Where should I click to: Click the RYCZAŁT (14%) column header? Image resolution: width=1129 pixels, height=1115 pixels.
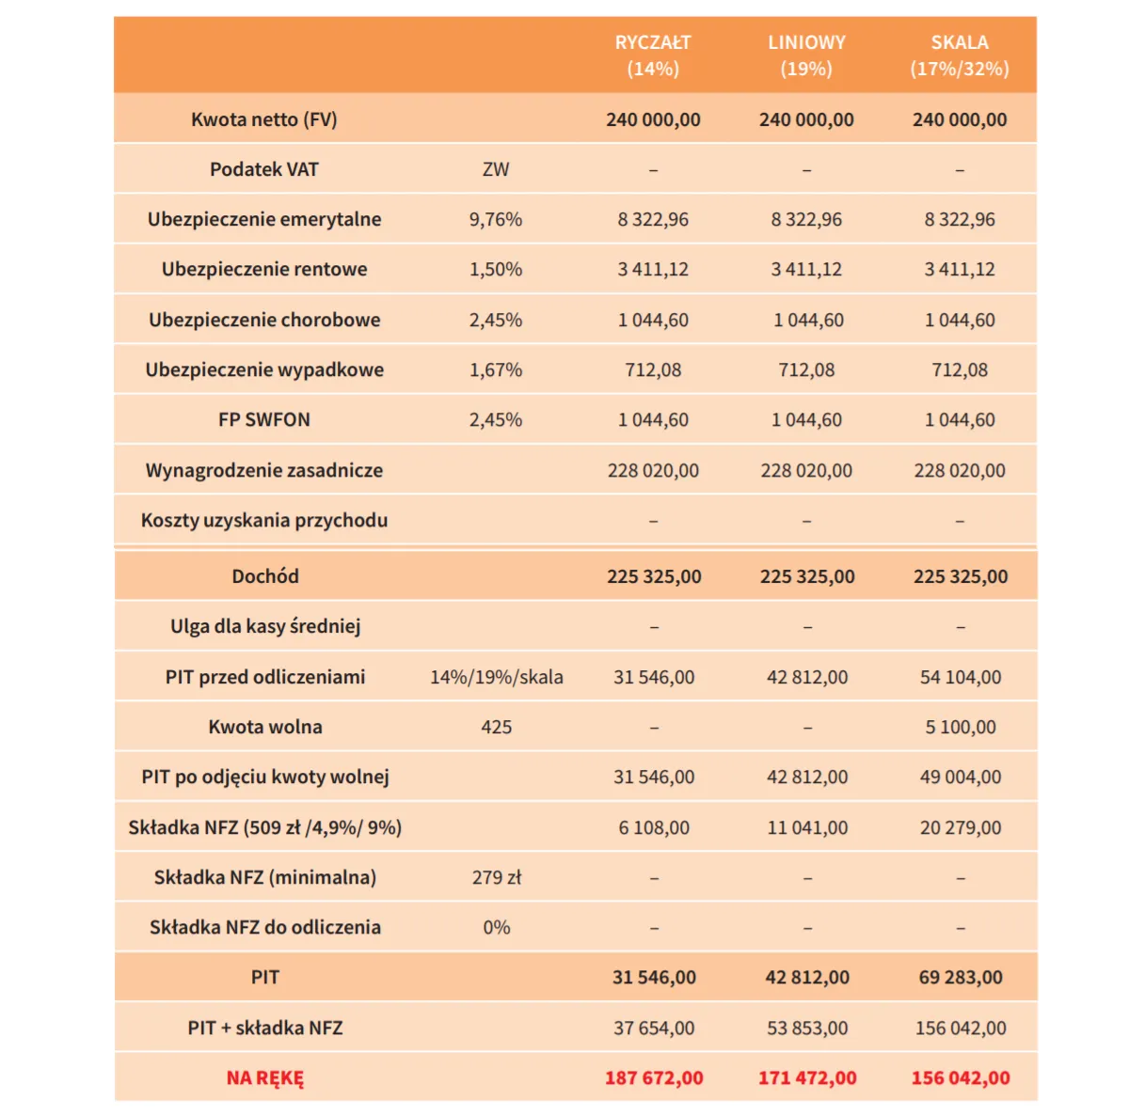[x=653, y=55]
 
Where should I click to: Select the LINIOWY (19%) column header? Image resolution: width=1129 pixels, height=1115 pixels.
[x=806, y=55]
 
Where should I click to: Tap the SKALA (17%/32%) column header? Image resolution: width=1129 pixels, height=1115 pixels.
[x=960, y=55]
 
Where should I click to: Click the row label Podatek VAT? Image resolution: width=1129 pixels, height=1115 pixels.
[x=264, y=169]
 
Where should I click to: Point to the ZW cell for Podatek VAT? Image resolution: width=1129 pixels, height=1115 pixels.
[x=496, y=169]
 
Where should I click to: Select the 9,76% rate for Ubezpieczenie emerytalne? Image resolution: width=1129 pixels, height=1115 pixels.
[x=496, y=219]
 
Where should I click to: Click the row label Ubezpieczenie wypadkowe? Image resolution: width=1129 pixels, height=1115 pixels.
[x=264, y=369]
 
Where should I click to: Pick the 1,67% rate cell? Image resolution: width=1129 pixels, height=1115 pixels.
[x=496, y=369]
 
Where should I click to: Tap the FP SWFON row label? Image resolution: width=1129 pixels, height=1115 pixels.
[x=264, y=419]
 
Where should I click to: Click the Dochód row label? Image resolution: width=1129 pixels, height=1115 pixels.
[x=265, y=576]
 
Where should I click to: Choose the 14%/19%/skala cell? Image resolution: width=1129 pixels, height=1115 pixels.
[x=497, y=677]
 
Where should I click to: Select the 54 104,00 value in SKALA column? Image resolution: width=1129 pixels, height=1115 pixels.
[x=961, y=677]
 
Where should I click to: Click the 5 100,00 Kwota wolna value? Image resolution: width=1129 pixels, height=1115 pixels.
[x=961, y=727]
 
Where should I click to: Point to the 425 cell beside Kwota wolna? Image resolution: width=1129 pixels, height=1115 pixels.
[x=497, y=727]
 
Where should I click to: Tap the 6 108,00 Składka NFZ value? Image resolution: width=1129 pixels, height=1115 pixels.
[x=654, y=827]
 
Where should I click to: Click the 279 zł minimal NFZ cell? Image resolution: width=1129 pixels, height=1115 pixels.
[x=497, y=877]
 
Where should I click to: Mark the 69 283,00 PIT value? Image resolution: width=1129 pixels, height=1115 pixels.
[x=961, y=977]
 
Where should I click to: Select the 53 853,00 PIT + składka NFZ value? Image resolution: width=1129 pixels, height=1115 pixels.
[x=807, y=1028]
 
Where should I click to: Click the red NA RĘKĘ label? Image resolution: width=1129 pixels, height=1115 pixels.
[x=265, y=1078]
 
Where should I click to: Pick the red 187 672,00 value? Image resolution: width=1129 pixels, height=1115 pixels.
[x=654, y=1078]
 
